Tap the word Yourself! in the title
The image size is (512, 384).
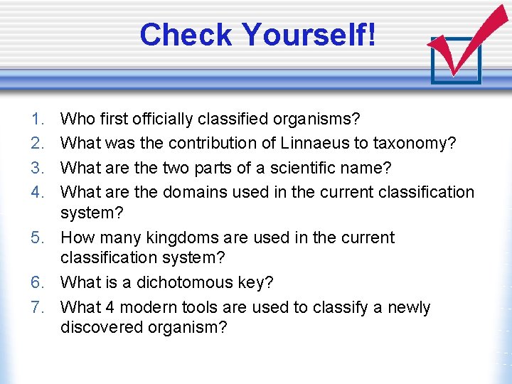[309, 35]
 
